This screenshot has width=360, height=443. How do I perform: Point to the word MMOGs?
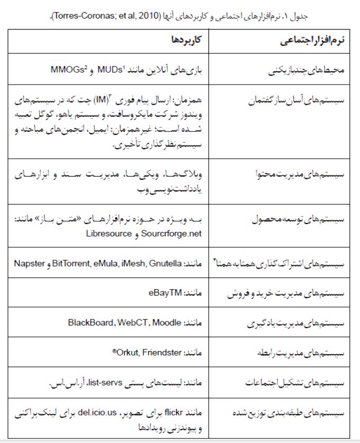pos(66,69)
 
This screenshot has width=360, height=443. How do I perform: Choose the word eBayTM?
pos(171,292)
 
